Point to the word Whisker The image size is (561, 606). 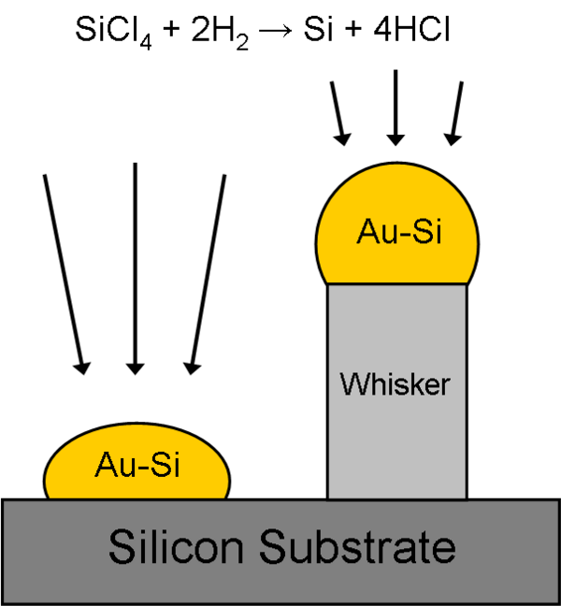(396, 383)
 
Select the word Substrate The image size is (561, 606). (356, 546)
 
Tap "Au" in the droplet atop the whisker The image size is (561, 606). (373, 232)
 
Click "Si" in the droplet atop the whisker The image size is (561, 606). (426, 232)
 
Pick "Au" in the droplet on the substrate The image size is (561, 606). (112, 464)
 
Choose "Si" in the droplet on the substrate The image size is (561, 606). (165, 464)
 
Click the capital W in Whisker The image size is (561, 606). (354, 383)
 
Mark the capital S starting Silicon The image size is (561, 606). (120, 546)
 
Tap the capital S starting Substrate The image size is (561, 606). (270, 546)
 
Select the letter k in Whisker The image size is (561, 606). (413, 383)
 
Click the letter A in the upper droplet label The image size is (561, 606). (366, 232)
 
